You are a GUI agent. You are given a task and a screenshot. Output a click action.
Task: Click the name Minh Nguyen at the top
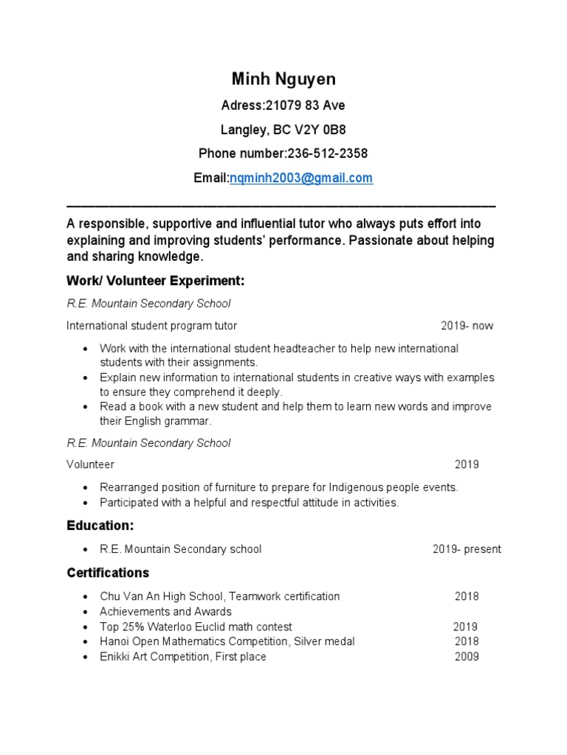283,80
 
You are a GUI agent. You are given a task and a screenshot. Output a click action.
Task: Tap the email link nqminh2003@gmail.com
301,178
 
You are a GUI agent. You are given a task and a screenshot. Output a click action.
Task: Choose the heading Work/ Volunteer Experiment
155,281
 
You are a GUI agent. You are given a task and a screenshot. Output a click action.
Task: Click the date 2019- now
467,325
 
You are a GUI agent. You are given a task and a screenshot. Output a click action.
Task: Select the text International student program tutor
152,325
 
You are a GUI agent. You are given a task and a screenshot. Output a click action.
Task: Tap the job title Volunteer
90,465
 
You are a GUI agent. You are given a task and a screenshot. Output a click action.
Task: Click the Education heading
100,526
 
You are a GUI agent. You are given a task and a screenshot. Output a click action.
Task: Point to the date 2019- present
467,549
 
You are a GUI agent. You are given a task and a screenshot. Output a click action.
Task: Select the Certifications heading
108,573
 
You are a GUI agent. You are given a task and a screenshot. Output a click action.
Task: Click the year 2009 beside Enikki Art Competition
467,656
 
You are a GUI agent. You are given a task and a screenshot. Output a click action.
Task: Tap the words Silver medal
324,641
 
